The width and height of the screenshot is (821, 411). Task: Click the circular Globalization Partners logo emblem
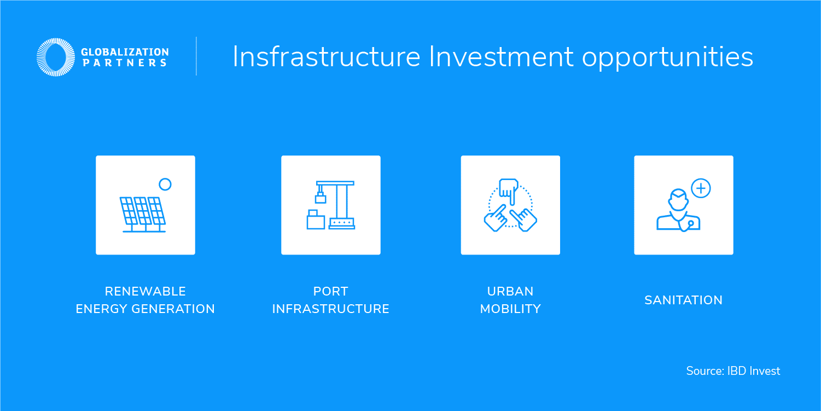(x=55, y=57)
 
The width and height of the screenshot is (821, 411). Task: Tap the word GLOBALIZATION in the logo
(x=125, y=52)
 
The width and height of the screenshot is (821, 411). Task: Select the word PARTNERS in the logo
(x=124, y=63)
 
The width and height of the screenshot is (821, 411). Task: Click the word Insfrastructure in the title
(x=326, y=56)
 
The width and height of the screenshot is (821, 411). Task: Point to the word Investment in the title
(x=501, y=56)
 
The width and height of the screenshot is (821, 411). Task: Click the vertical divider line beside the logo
(x=196, y=56)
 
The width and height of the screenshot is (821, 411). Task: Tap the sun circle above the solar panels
(x=165, y=184)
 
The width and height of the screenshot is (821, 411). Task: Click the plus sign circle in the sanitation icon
(x=701, y=189)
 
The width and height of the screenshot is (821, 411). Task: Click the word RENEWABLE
(x=145, y=291)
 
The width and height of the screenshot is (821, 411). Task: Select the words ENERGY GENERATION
(x=145, y=309)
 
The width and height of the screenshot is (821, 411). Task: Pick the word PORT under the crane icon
(x=330, y=291)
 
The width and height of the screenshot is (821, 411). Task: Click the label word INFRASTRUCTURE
(x=330, y=309)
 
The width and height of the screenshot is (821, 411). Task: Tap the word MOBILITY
(x=510, y=309)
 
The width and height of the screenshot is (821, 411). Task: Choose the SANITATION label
(x=683, y=300)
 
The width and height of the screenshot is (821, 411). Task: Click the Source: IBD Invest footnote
(x=733, y=371)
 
